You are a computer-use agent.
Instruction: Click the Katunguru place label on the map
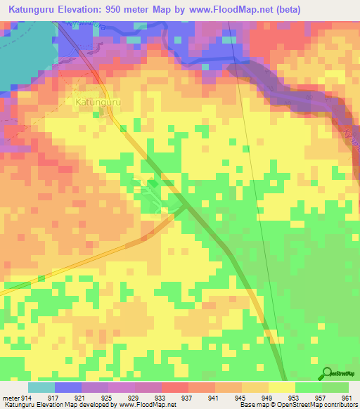[92, 102]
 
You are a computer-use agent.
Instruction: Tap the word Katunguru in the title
[36, 9]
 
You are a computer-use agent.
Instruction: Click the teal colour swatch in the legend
[41, 387]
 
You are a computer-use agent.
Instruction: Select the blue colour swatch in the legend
[67, 387]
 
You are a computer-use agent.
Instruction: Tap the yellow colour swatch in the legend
[281, 387]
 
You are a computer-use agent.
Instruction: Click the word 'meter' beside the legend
[10, 398]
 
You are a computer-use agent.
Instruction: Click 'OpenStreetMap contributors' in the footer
[320, 405]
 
